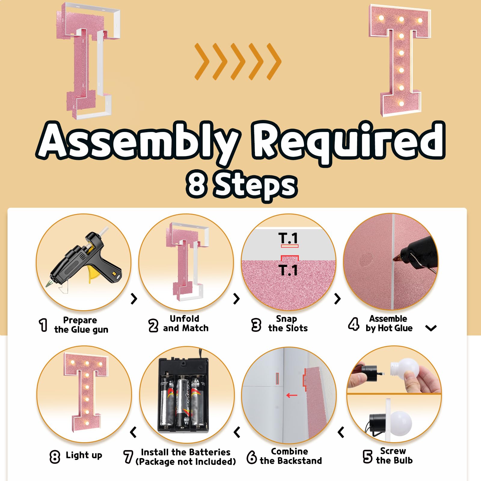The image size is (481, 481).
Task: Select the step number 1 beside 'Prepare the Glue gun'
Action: click(44, 325)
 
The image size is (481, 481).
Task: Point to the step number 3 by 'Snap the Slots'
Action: click(256, 325)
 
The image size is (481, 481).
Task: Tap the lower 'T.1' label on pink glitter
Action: click(288, 270)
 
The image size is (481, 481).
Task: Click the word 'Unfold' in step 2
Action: click(184, 318)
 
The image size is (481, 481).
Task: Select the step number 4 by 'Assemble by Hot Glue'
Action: click(354, 324)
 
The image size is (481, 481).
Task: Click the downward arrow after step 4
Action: click(431, 328)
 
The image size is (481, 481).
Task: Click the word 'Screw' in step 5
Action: click(393, 451)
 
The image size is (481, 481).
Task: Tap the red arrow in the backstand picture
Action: click(292, 395)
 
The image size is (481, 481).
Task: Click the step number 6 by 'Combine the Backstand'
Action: click(252, 457)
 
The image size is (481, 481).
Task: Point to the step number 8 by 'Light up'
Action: click(55, 457)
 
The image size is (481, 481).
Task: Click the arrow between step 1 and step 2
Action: click(134, 299)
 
